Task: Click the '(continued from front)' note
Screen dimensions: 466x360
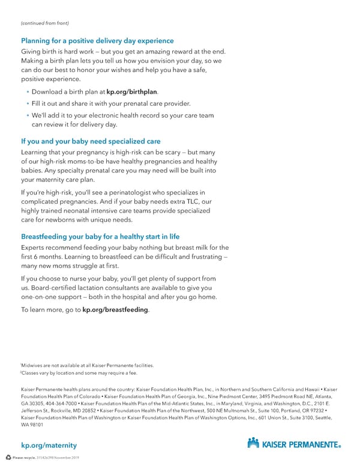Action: click(45, 23)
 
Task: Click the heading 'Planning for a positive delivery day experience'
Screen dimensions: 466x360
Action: click(97, 41)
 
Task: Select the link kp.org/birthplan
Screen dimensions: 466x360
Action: click(132, 92)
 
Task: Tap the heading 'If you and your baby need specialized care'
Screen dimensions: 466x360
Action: click(91, 142)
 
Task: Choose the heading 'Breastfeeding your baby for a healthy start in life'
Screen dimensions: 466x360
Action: click(100, 237)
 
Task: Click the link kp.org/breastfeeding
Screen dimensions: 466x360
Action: click(115, 309)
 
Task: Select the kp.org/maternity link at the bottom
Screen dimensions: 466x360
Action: click(49, 445)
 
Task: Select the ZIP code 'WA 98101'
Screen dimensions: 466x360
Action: click(32, 424)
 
